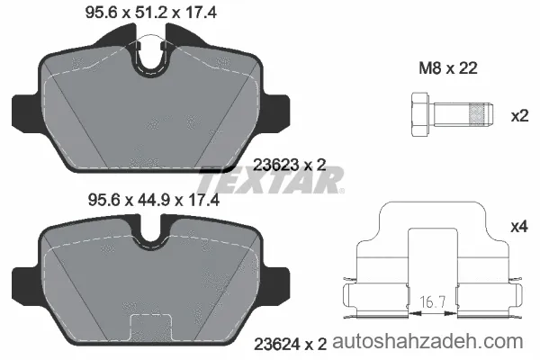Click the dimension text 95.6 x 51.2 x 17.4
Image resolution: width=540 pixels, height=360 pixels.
[151, 13]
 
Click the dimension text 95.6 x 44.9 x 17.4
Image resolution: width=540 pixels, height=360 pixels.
[154, 200]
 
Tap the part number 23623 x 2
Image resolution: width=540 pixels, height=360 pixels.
[289, 166]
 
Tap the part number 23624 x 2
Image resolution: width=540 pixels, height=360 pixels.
[291, 344]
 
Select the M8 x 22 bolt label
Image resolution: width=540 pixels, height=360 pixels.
[448, 68]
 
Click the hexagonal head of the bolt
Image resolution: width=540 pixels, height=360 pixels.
[420, 114]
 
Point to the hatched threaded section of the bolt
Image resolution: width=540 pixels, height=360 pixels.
[479, 114]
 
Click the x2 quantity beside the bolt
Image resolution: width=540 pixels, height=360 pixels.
[519, 116]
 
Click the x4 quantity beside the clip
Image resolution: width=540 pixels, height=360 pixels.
[519, 227]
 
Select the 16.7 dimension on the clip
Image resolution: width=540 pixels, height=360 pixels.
[433, 302]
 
